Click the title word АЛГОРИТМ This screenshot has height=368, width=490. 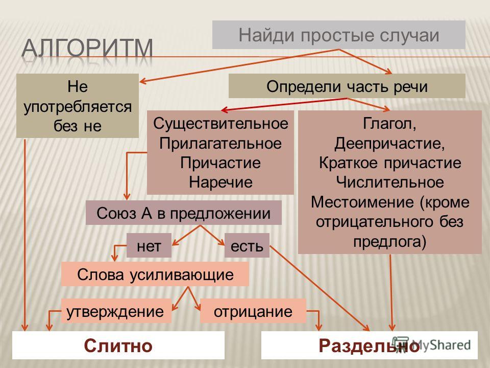[x=87, y=49]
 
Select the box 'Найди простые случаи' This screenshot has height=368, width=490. [x=339, y=35]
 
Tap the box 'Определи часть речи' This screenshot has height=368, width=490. [x=347, y=86]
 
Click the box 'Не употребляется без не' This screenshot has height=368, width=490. [x=78, y=106]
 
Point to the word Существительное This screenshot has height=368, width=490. [x=220, y=123]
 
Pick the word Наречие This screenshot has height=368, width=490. [x=220, y=182]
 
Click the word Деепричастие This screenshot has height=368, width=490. [x=389, y=143]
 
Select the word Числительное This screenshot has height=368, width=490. [x=389, y=182]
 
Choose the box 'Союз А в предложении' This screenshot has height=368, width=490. [x=184, y=213]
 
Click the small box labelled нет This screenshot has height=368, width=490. [x=149, y=245]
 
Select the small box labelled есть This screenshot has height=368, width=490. [x=247, y=245]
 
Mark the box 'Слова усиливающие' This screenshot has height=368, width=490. [x=155, y=274]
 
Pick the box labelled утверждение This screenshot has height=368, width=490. [x=116, y=311]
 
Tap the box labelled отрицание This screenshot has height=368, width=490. [x=253, y=311]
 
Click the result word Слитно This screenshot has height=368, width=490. [x=118, y=346]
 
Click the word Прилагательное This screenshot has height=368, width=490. [x=220, y=143]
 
